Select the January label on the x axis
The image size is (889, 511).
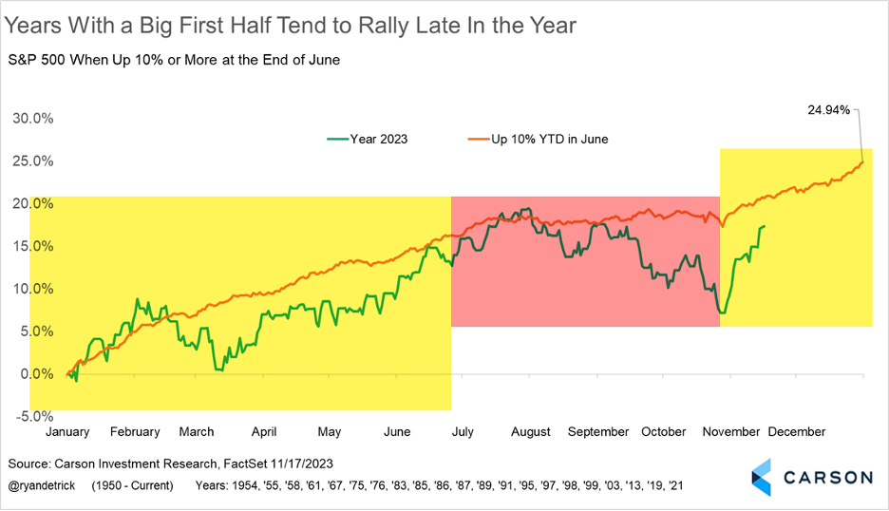coord(67,431)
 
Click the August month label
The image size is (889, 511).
coord(530,431)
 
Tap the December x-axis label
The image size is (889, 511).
coord(796,431)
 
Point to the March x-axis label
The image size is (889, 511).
coord(197,431)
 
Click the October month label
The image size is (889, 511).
coord(663,431)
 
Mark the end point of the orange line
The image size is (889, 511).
coord(862,161)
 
